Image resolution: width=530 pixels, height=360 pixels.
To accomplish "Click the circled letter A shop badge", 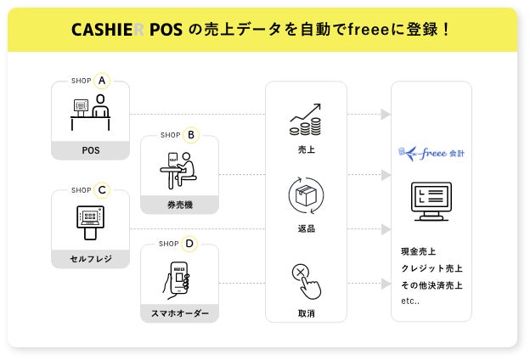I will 102,81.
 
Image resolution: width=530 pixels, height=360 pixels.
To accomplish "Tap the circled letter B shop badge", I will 190,134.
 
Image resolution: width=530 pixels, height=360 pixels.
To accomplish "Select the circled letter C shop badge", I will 102,189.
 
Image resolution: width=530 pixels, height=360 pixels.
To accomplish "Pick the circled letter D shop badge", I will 189,244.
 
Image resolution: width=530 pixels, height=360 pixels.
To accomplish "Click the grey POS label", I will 90,150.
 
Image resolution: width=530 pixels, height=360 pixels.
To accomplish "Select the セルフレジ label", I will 90,258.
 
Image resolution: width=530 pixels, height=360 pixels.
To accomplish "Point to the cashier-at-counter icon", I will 91,113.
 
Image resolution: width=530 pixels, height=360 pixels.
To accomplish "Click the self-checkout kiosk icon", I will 90,222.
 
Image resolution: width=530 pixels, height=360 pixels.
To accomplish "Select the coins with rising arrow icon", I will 306,120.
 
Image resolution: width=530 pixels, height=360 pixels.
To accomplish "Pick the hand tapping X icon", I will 307,279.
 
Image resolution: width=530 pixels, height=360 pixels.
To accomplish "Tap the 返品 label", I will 306,229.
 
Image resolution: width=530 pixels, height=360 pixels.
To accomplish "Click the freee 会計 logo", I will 431,153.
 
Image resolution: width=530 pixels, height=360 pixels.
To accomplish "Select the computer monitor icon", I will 431,201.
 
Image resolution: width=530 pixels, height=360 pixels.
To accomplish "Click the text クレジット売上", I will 431,268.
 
